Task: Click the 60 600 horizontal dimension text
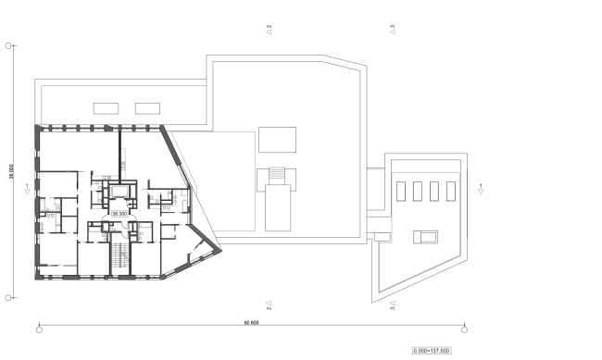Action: (250, 323)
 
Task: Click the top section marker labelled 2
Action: (269, 29)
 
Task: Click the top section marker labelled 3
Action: (393, 29)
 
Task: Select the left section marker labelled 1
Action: (27, 189)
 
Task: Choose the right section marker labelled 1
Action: (482, 189)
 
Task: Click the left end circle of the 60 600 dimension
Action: (39, 329)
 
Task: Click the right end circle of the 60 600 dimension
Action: (463, 329)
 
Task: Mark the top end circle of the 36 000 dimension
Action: (8, 44)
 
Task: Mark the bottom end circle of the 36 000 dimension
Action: (8, 297)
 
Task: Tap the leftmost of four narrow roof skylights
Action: (399, 192)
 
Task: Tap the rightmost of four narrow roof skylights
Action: (451, 192)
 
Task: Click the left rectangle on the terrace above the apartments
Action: (104, 107)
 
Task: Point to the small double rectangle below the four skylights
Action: (425, 237)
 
